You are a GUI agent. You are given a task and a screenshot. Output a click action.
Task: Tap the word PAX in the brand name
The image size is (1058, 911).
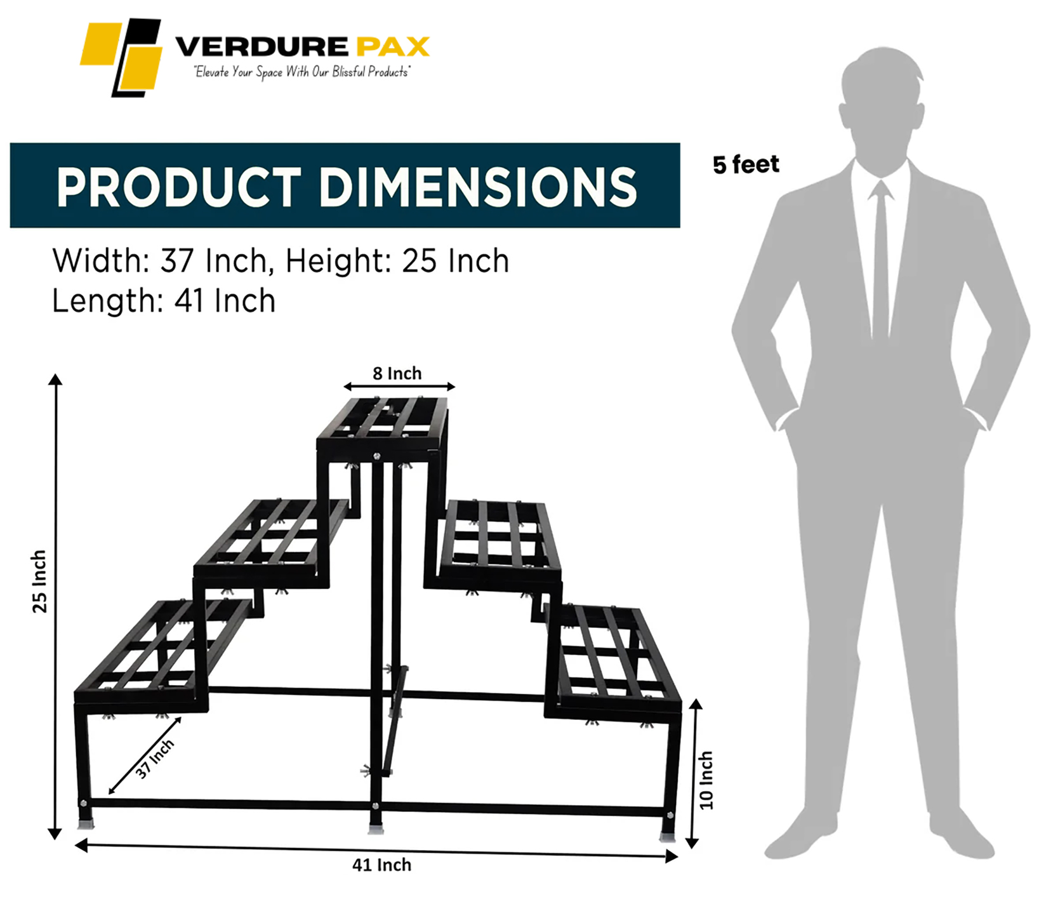[x=392, y=46]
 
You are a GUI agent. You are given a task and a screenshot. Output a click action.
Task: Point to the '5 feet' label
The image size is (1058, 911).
[x=746, y=164]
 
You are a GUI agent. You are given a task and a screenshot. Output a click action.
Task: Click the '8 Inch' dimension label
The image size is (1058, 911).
[x=397, y=373]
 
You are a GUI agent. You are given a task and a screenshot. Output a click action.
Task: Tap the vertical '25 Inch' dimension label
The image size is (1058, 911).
[x=39, y=581]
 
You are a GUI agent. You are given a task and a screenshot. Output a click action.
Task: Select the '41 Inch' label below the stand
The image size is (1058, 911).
[x=381, y=865]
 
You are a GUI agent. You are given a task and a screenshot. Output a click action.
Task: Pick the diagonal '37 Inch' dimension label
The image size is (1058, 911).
[x=154, y=759]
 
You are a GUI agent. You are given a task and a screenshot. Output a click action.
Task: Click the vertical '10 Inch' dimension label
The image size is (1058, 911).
[x=706, y=780]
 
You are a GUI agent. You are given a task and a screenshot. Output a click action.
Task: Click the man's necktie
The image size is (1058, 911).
[x=880, y=260]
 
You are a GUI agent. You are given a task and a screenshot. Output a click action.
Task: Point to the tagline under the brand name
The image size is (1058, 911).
[x=302, y=72]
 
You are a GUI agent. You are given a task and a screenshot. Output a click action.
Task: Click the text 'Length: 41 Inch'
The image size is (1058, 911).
[x=164, y=301]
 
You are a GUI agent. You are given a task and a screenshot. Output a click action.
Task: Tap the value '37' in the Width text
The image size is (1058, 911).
[x=177, y=261]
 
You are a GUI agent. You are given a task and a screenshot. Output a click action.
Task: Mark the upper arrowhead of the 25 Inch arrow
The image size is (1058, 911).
[x=55, y=380]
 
